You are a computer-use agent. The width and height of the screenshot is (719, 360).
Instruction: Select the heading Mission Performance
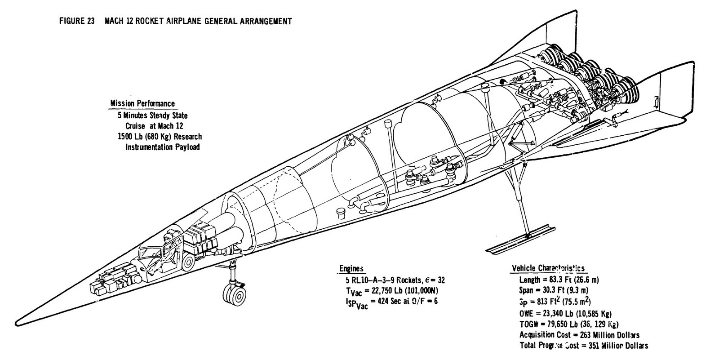(142, 104)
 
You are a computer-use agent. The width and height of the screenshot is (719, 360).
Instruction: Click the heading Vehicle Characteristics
(548, 269)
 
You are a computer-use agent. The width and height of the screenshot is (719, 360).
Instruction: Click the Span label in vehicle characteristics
(526, 291)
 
